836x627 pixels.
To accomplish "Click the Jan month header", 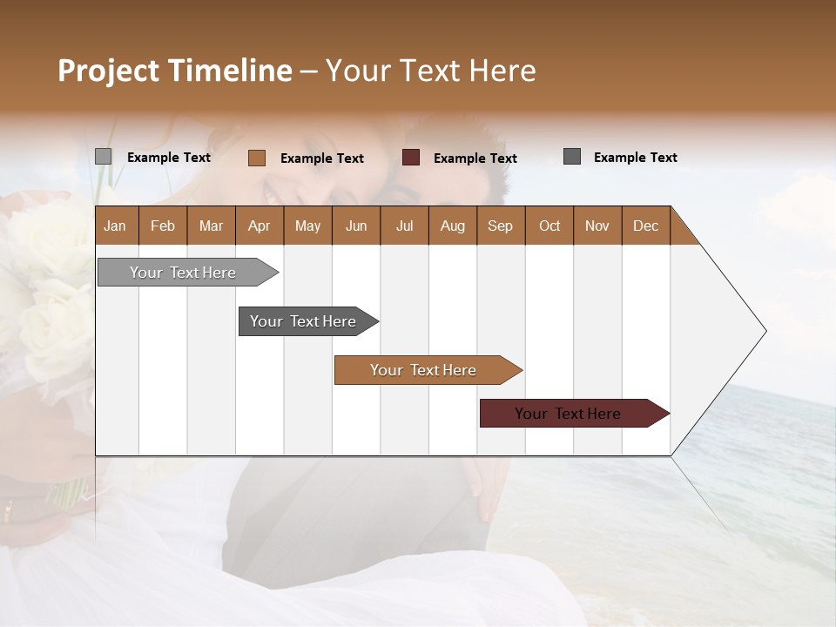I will point(115,226).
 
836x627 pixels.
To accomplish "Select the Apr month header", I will point(259,226).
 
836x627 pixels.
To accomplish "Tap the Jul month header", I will point(404,226).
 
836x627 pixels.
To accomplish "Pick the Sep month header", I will point(500,226).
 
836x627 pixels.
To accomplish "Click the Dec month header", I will point(645,226).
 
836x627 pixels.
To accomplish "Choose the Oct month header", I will point(549,226).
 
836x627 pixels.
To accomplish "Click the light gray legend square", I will point(103,157).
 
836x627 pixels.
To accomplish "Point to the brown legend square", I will point(256,158).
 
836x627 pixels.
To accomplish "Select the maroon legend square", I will point(411,158).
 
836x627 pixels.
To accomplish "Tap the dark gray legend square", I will point(572,157).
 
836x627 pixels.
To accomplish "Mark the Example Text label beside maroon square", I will point(475,158).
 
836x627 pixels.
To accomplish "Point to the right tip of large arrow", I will point(765,331).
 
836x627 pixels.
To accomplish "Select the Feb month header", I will point(163,226).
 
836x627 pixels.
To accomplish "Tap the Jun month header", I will point(355,226).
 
